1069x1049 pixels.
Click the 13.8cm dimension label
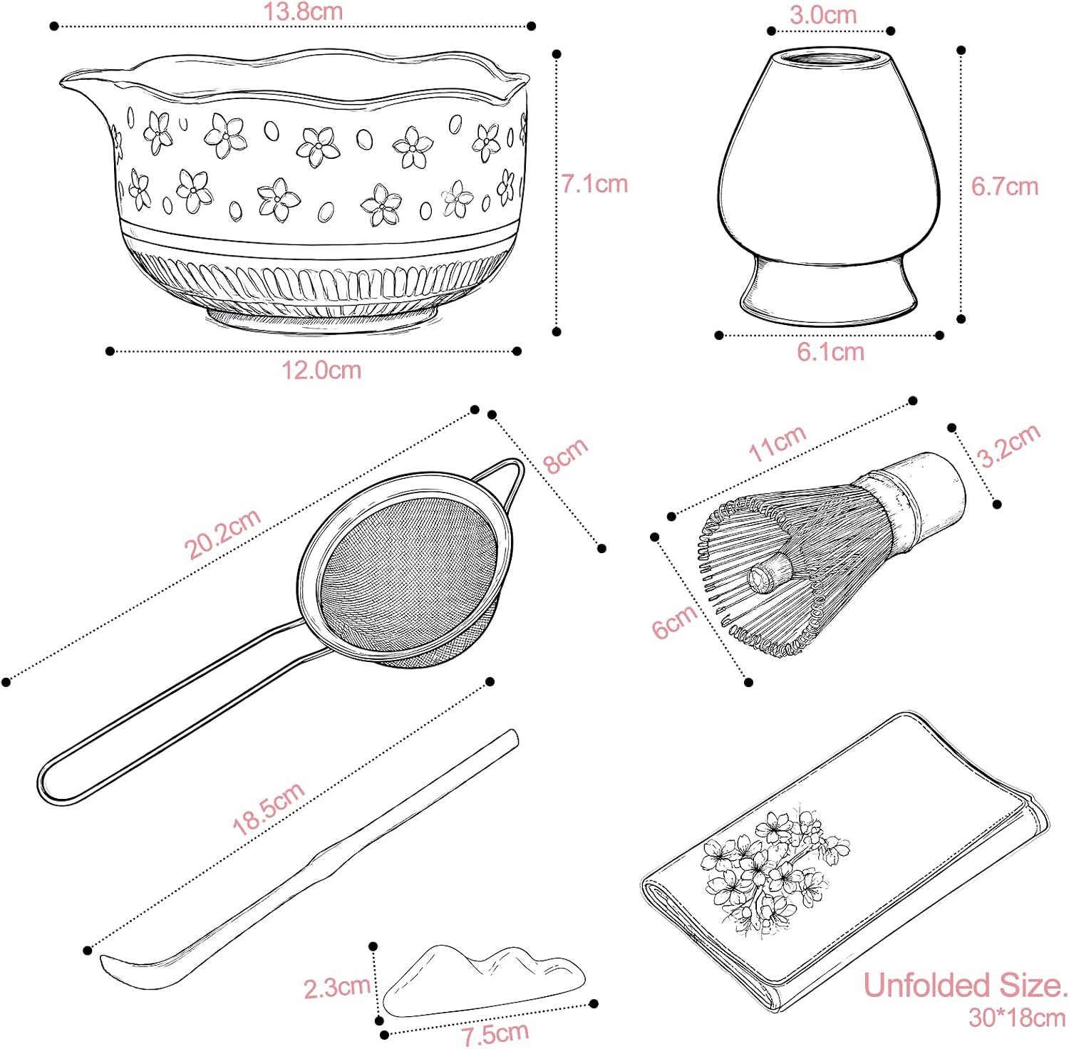(303, 11)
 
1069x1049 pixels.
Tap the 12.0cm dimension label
(321, 370)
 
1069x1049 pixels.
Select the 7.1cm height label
(594, 184)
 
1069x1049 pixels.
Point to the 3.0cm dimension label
(823, 15)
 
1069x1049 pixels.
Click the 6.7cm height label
(1005, 187)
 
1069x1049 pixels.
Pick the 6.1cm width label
(830, 351)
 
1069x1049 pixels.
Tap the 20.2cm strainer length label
(222, 534)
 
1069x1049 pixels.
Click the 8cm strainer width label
(566, 455)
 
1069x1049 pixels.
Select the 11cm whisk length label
(778, 443)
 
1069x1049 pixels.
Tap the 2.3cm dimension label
(337, 988)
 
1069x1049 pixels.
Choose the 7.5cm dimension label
(495, 1033)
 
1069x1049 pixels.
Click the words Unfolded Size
(965, 986)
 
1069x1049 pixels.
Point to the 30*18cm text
(1017, 1018)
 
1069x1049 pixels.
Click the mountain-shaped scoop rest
(484, 982)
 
